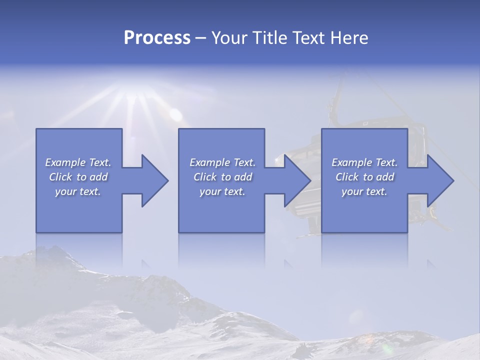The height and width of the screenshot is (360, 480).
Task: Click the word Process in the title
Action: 157,37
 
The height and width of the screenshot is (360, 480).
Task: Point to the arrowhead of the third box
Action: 439,180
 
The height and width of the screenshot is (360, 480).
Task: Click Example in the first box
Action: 65,162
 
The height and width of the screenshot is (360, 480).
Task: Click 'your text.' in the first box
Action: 78,191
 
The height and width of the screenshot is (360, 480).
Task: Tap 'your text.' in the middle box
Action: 222,191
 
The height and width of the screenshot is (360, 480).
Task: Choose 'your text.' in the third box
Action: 364,191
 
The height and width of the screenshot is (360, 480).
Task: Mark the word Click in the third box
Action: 346,177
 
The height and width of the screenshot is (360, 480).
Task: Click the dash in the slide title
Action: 201,38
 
